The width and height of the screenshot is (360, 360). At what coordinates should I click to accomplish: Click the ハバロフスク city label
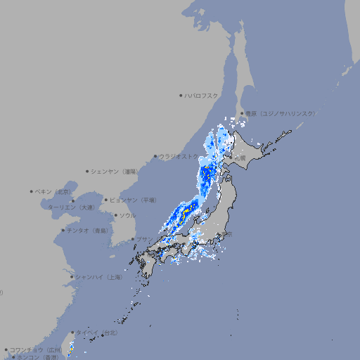pos(202,95)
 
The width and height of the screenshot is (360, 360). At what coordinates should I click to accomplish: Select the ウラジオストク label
pos(179,156)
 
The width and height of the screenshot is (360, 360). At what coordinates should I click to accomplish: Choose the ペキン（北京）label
pos(54,191)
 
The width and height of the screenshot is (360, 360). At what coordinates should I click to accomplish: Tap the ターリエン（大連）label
pos(71,207)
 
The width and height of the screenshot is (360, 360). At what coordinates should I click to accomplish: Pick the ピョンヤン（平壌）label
pos(134,200)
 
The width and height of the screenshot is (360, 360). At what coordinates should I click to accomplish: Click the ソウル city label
pos(127,215)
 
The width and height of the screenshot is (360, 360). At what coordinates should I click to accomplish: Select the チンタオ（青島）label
pos(87,230)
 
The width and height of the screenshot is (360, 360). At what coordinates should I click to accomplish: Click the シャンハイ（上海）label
pos(98,277)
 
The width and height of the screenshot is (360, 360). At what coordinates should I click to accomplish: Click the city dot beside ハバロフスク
pos(181,95)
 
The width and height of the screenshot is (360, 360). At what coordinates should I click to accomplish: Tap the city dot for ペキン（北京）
pos(32,191)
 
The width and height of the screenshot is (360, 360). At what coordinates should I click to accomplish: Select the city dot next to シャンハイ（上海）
pos(72,277)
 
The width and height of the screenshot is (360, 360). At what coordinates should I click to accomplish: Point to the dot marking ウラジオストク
pos(155,156)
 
